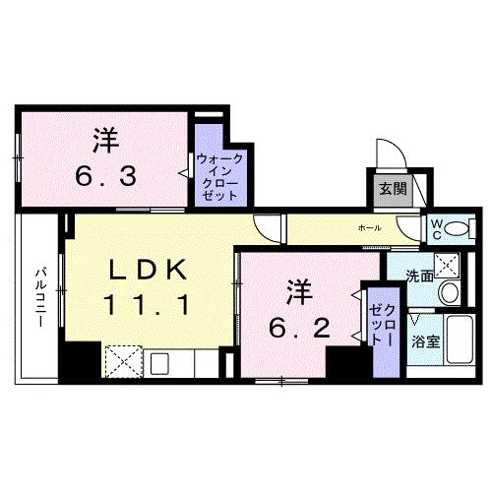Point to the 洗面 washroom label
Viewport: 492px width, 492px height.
(x=420, y=277)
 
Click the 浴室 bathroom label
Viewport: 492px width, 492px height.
(x=425, y=342)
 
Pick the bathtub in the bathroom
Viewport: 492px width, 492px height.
(x=459, y=340)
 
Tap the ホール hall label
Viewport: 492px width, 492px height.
(x=370, y=228)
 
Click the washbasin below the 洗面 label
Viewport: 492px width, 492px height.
(x=451, y=293)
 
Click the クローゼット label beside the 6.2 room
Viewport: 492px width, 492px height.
(x=381, y=326)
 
